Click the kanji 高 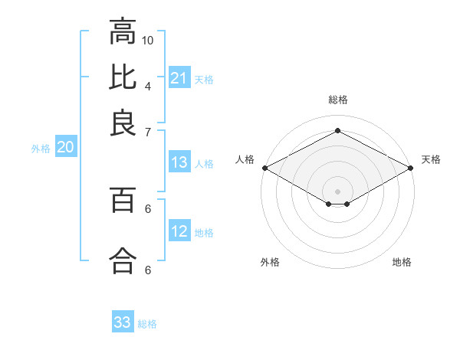(123, 32)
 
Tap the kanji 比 (123, 77)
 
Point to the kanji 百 (123, 201)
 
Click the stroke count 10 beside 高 (149, 39)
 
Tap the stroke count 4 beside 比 (148, 85)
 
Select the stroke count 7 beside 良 (148, 131)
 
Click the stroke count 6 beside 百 (148, 208)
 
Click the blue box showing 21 (179, 78)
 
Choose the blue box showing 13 (179, 162)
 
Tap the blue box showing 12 (179, 231)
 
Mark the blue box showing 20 (65, 148)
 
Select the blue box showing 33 (123, 322)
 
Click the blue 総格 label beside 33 (147, 324)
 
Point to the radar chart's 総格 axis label (337, 100)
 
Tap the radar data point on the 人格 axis (264, 167)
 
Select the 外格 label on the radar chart (270, 263)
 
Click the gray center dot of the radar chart (337, 191)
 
